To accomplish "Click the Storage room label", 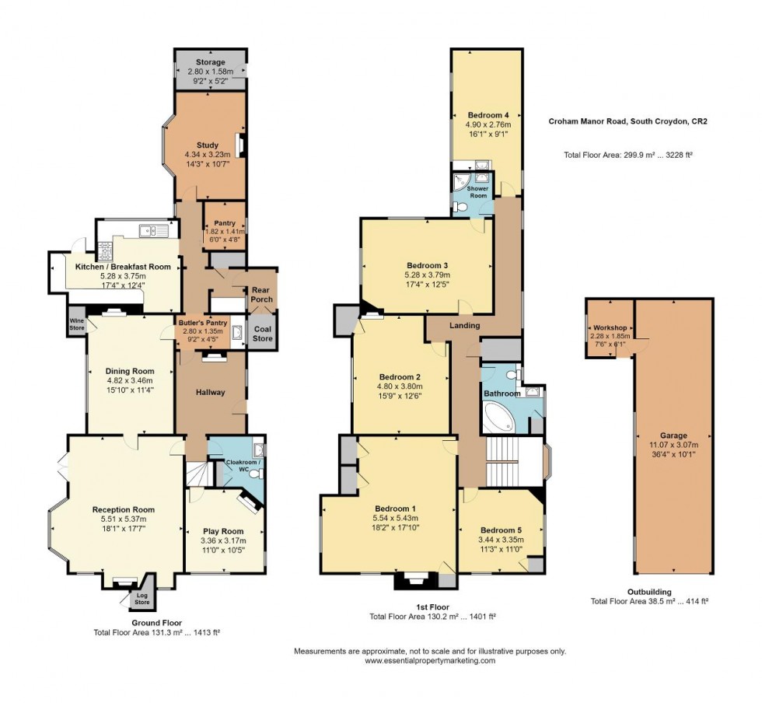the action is [211, 62].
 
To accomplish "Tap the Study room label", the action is [208, 145].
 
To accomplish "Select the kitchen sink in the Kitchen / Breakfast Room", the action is [154, 230].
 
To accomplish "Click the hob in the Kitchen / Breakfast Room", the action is [106, 250].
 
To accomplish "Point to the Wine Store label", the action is [77, 324].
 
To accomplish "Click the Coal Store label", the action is [263, 334].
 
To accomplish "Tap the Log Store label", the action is [142, 599].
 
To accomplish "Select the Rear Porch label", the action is [262, 295].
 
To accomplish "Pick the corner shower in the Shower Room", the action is [460, 182].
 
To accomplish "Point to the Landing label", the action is [465, 325].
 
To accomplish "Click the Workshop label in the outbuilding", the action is [610, 327].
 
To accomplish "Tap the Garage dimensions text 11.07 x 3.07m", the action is [673, 445].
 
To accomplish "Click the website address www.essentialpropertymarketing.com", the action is [430, 661].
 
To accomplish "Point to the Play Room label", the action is [223, 531].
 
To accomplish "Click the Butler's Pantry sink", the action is [238, 331].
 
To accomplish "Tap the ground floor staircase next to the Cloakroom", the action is [198, 474].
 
